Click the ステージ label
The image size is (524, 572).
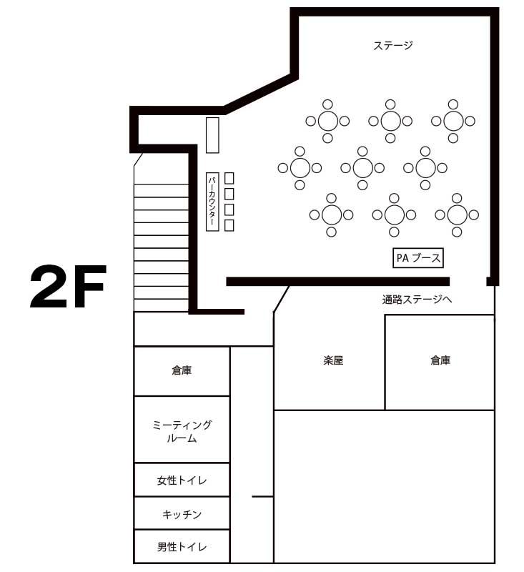392,46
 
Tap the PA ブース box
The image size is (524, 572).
418,258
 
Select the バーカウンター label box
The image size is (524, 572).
212,202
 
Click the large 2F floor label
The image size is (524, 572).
68,287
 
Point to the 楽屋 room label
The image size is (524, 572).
333,360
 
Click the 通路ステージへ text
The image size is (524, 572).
417,300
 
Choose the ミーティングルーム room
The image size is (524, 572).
182,430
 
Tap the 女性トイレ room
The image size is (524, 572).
182,480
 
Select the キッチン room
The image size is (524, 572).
182,513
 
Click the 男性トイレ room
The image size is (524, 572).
182,546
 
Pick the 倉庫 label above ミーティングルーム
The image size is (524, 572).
182,370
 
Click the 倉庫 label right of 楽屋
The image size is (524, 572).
440,360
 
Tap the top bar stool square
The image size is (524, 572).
229,178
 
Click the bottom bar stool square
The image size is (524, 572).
229,225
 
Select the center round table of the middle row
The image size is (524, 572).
363,168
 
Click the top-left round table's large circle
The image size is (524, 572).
328,121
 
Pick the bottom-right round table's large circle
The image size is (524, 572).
458,215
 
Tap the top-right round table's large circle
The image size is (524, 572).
453,121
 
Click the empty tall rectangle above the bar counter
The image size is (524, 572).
212,135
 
